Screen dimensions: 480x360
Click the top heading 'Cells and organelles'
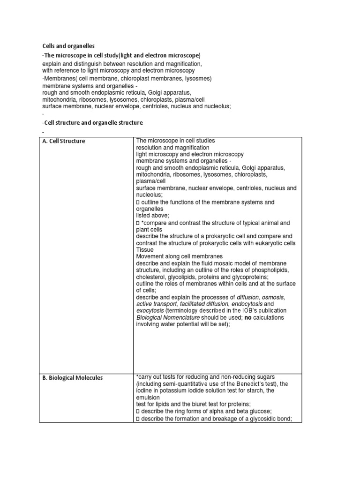(68, 46)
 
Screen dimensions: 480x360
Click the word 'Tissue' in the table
(145, 250)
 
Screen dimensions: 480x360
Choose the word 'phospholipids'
(270, 270)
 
